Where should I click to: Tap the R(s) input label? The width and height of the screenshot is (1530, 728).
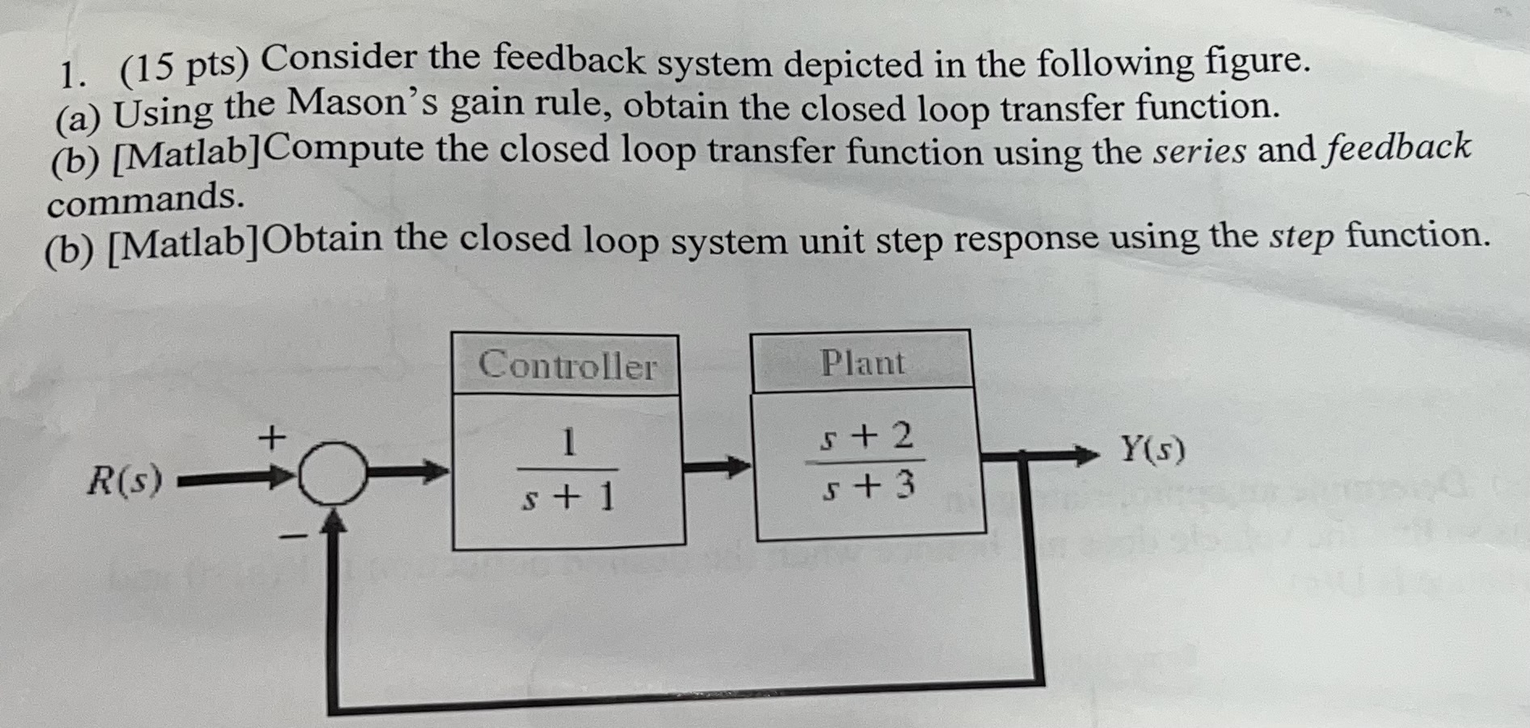124,482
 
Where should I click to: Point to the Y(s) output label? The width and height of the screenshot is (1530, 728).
1152,449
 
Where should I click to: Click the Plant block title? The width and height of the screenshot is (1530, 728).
862,363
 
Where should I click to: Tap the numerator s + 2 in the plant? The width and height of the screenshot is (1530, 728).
866,437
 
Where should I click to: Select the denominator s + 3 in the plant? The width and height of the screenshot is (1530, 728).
868,486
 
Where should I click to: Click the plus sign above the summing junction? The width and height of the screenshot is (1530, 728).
272,438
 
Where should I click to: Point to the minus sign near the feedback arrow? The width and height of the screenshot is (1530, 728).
294,535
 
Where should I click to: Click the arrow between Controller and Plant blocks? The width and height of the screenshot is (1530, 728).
719,466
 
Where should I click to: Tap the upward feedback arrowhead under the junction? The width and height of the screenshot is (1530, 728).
333,522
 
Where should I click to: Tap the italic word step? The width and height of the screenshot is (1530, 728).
1301,237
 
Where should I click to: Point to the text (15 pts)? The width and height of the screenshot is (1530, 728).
184,69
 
